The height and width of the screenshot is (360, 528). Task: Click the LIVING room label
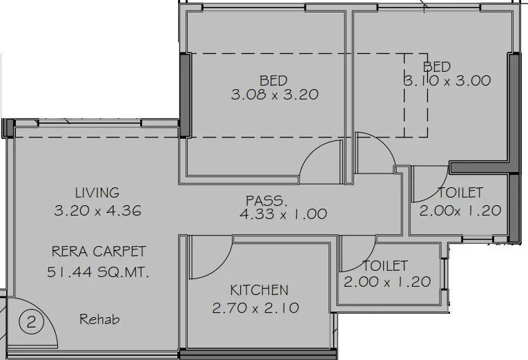coord(97,193)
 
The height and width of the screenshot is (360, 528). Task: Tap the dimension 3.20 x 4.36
coord(97,211)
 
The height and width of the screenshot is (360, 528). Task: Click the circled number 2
coord(29,321)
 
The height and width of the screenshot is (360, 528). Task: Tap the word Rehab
coord(99,319)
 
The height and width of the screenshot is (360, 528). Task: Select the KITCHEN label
coord(260,290)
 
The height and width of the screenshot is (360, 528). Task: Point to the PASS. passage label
coord(266,201)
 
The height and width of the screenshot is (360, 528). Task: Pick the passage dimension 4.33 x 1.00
coord(282,214)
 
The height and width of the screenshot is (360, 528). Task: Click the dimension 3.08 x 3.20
coord(274,95)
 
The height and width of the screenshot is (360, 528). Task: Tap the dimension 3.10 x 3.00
coord(447,81)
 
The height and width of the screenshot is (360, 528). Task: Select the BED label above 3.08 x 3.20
coord(273,81)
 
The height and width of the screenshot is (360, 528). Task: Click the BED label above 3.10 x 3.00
coord(437,66)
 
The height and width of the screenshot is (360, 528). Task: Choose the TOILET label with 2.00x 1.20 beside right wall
coord(460,193)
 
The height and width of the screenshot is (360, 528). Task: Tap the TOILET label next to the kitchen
coord(385,265)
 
